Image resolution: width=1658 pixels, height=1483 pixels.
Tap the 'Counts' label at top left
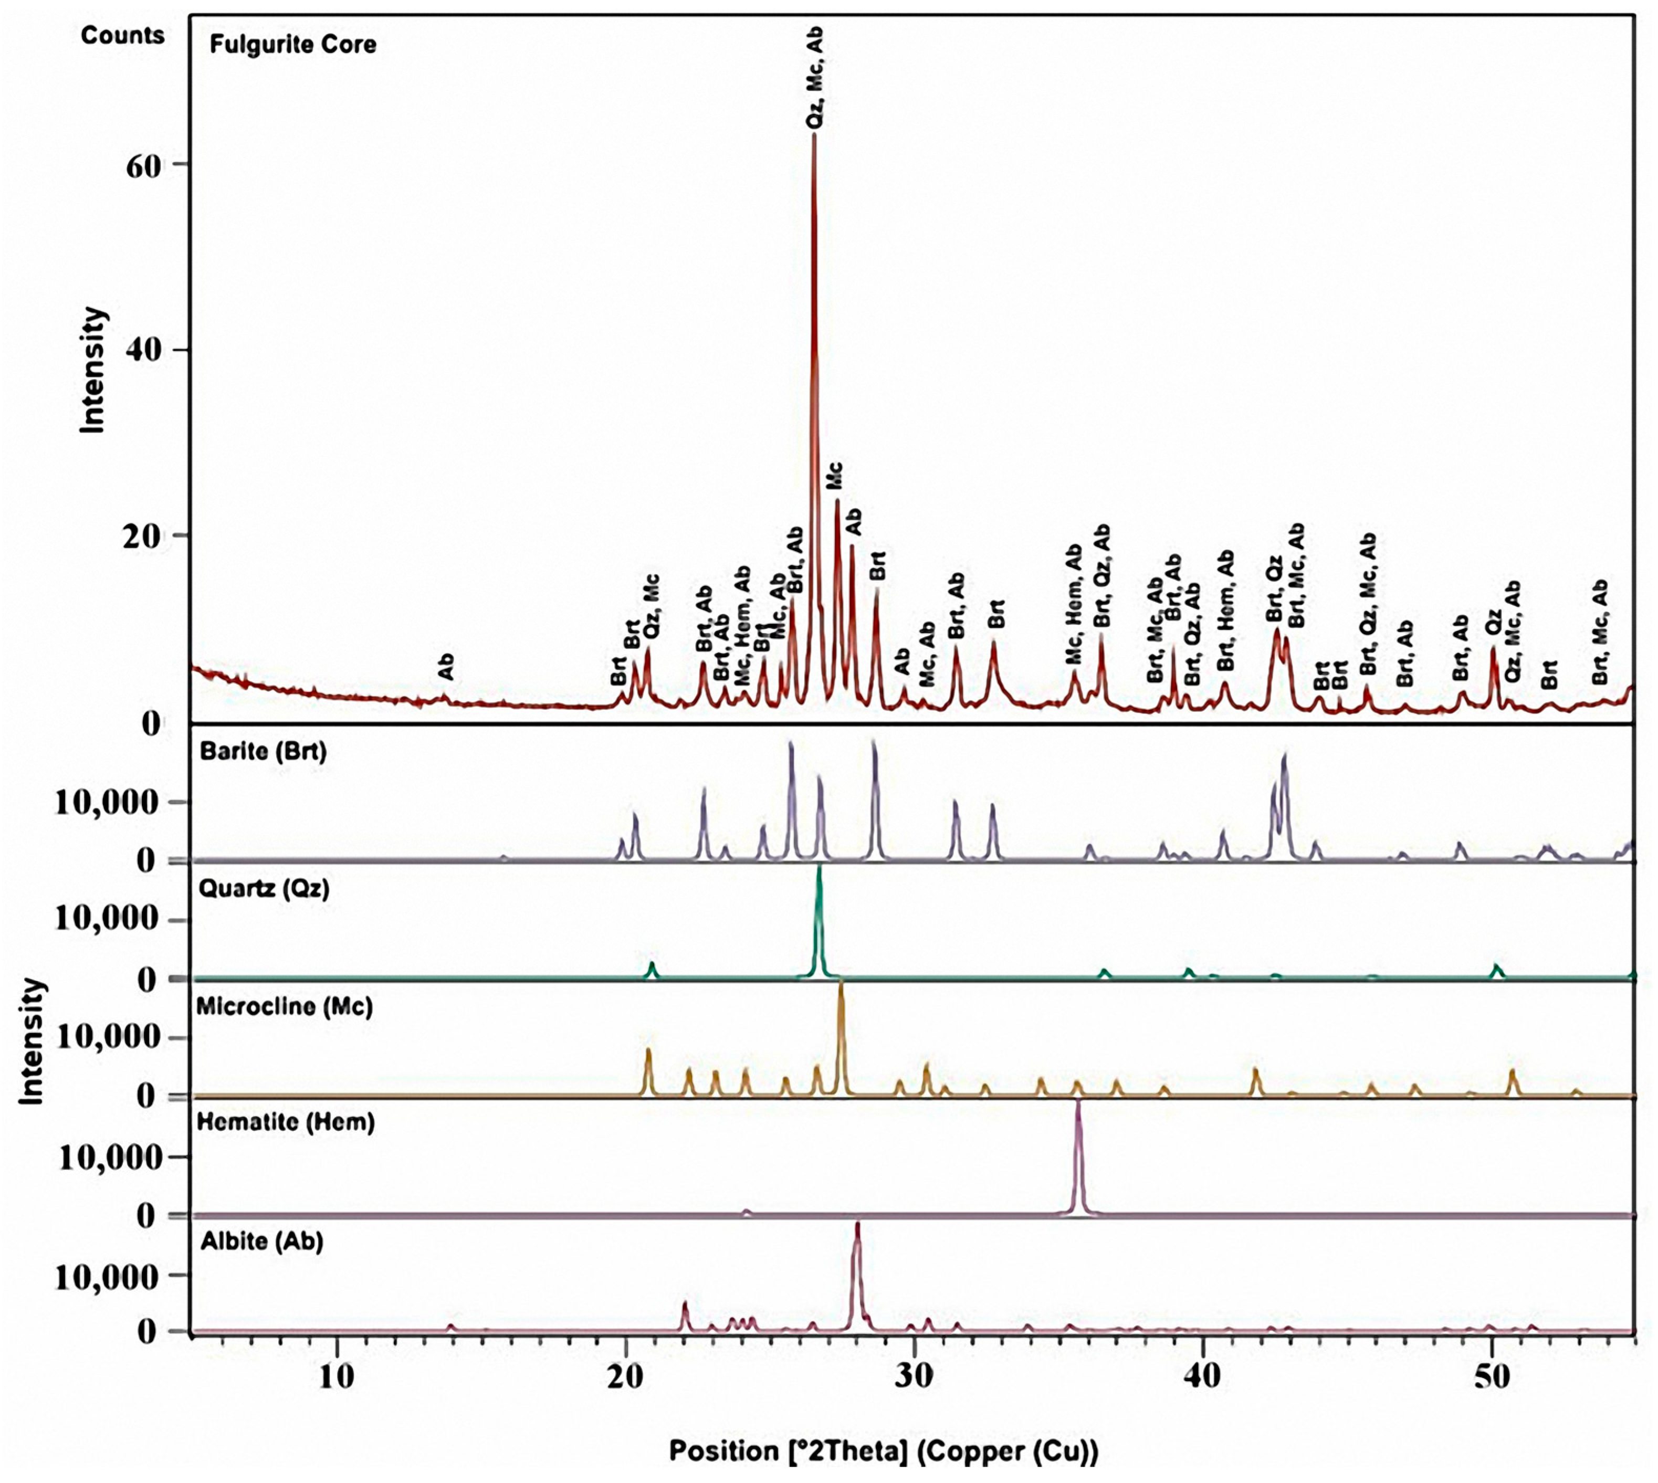(x=122, y=35)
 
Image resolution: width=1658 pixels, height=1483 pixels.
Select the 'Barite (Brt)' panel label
(x=263, y=751)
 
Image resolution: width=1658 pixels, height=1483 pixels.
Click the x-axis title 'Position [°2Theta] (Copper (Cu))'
(x=884, y=1450)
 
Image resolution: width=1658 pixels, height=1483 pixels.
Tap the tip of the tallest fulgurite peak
(x=814, y=134)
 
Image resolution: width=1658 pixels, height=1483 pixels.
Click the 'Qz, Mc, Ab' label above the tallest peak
(x=815, y=77)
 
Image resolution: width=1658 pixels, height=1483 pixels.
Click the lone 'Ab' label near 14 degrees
(x=446, y=667)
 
